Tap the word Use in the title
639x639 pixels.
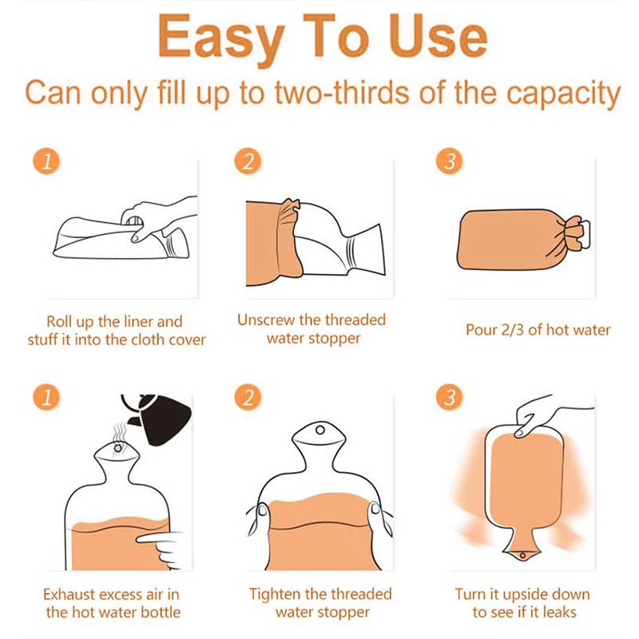(x=438, y=36)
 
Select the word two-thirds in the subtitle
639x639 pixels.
(x=343, y=93)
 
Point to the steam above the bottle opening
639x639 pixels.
(x=119, y=432)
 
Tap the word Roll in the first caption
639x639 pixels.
(x=59, y=322)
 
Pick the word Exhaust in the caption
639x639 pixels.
(x=69, y=594)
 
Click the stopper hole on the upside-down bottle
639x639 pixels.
(x=522, y=555)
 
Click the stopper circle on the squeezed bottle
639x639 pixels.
(x=320, y=430)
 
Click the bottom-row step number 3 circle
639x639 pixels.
(x=449, y=396)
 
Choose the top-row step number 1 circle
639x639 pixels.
(x=46, y=161)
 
